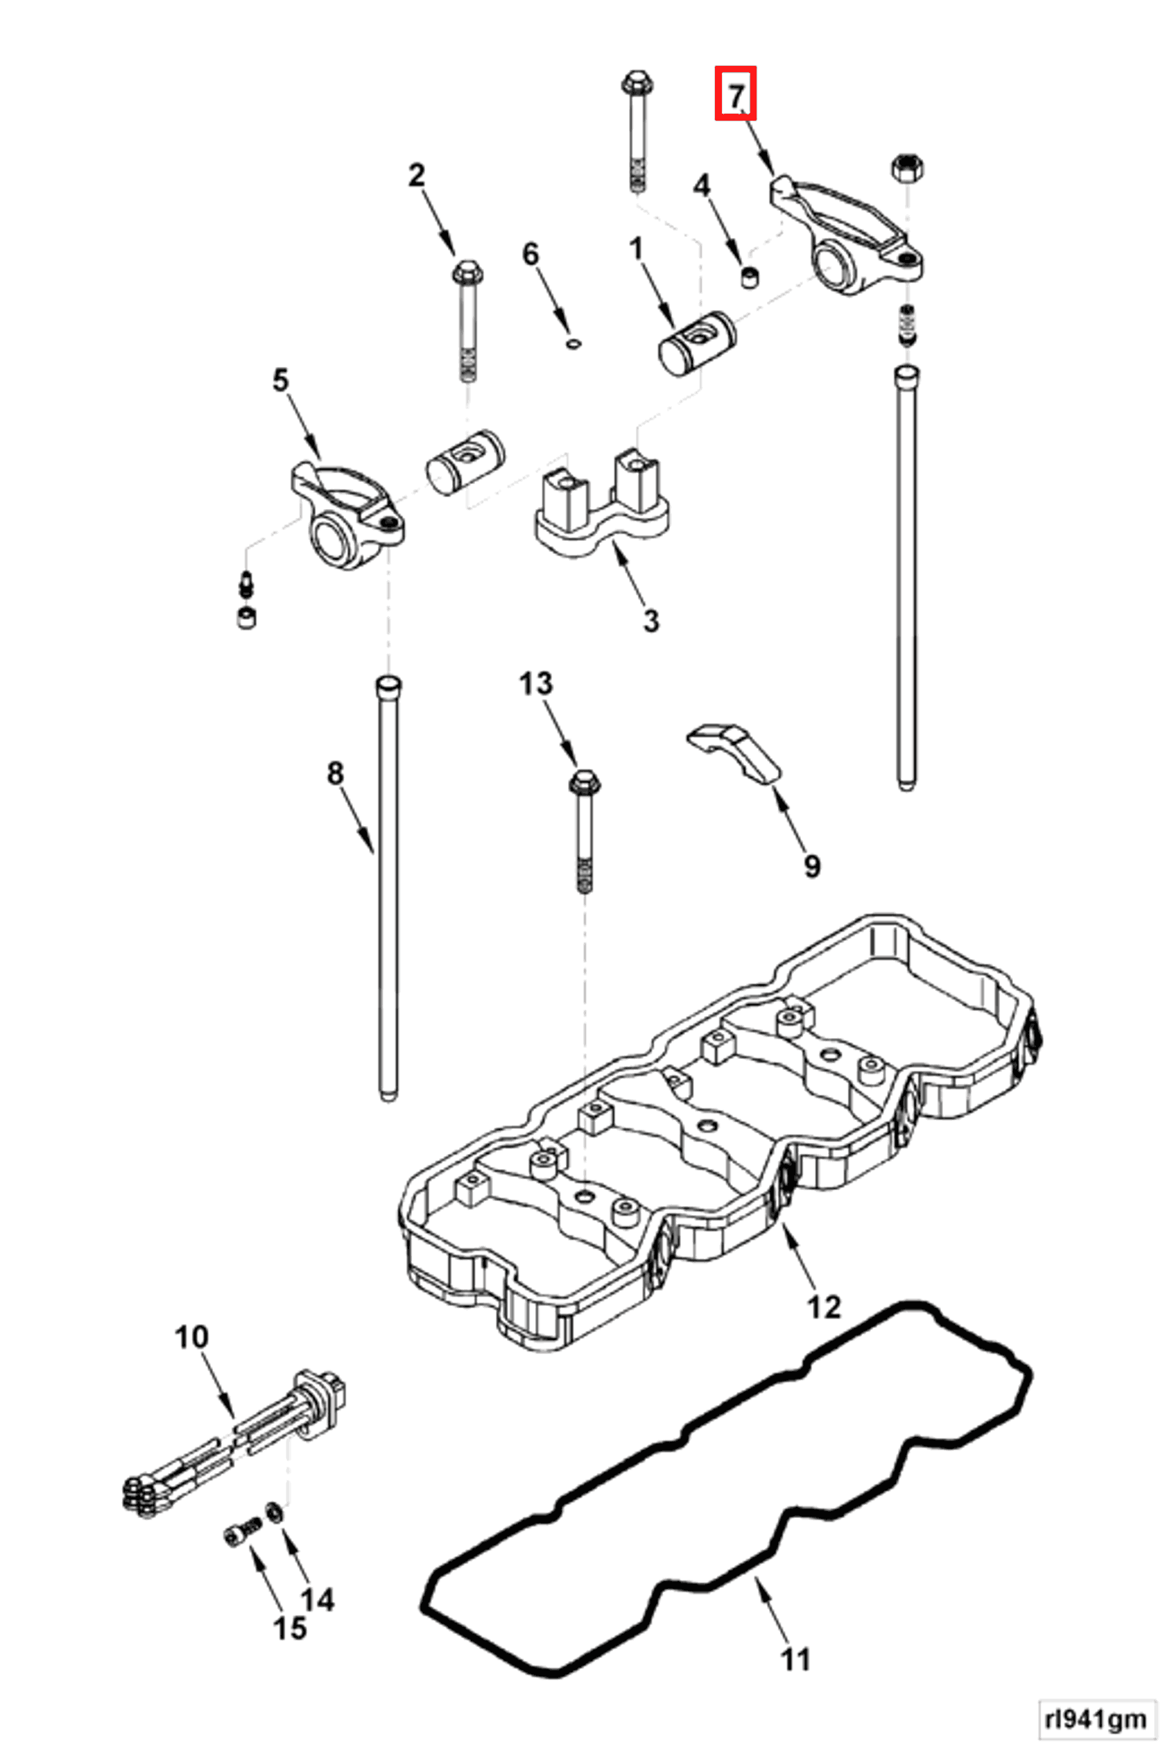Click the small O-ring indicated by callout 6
tap(573, 343)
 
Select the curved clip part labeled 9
tap(732, 752)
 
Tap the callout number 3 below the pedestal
tap(651, 621)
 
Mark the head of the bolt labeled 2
tap(467, 273)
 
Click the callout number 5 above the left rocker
tap(280, 381)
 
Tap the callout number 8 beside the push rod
tap(336, 773)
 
